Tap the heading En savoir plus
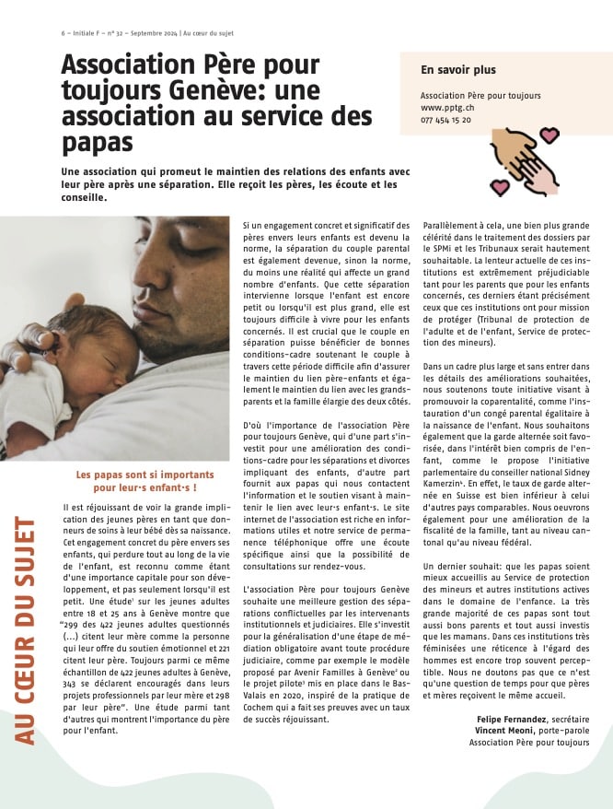coord(457,69)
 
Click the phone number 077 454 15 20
coord(445,120)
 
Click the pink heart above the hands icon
coord(549,135)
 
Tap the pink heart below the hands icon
coord(499,187)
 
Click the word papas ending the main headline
coord(97,143)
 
